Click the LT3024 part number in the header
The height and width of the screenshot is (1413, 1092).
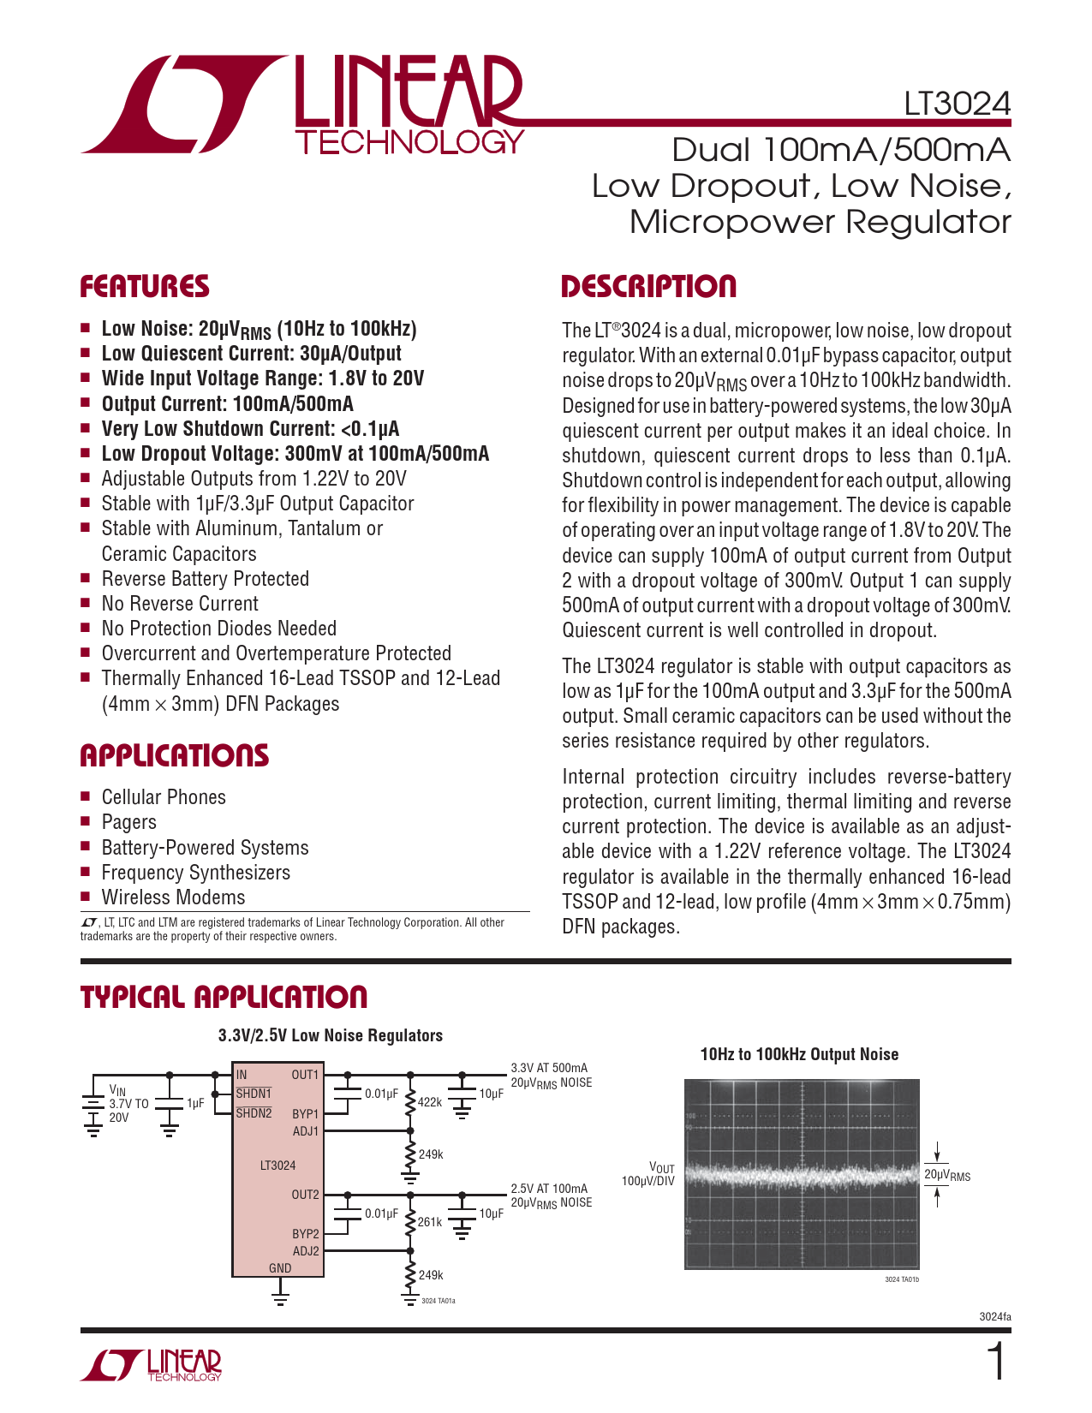957,104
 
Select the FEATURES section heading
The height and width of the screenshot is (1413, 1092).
145,287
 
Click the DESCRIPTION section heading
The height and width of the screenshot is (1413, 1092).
648,287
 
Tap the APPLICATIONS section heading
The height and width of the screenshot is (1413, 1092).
174,755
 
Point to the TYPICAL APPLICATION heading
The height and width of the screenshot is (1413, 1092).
224,997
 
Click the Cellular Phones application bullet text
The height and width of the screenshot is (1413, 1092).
164,797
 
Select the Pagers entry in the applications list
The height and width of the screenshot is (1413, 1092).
129,822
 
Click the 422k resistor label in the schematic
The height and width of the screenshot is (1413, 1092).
430,1102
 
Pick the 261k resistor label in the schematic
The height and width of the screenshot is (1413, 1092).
430,1222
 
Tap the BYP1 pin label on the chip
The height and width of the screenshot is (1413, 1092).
305,1114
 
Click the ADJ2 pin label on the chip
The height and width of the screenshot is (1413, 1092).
305,1251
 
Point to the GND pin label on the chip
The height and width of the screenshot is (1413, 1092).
280,1268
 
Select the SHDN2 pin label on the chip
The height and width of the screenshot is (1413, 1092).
254,1113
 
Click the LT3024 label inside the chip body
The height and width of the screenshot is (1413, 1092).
277,1166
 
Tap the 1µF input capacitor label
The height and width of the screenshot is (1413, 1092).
195,1103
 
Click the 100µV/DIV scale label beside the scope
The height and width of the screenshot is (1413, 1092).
648,1181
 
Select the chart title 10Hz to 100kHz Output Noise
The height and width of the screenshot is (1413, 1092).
799,1054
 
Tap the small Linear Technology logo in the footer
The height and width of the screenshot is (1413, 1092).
152,1365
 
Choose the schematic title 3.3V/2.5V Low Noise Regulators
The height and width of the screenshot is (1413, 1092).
331,1035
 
